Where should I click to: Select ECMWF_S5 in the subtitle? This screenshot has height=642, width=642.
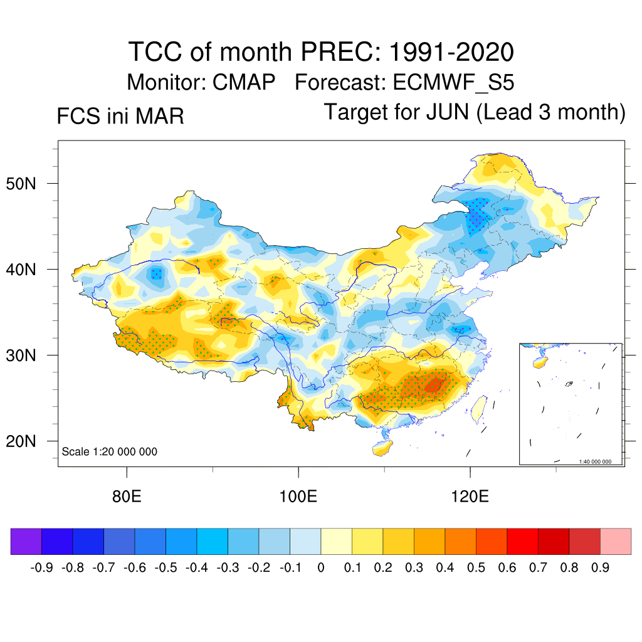[454, 82]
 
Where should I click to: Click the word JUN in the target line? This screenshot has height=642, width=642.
[448, 112]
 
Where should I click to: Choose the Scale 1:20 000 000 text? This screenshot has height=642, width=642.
[110, 452]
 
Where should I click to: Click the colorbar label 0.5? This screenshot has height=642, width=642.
[476, 568]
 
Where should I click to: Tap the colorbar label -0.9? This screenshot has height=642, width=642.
[41, 568]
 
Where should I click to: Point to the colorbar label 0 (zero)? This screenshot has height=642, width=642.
[321, 568]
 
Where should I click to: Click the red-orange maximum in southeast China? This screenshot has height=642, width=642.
[433, 386]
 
